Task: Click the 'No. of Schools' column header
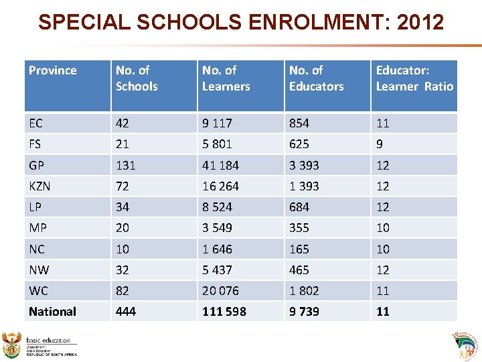(137, 78)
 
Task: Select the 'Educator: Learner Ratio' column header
(414, 78)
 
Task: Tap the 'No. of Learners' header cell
(226, 78)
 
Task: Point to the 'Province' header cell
(53, 70)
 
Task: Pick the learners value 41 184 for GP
(221, 165)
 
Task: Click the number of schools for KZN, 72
(123, 186)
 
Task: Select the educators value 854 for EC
(299, 123)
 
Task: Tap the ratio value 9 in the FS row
(380, 144)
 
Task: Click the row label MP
(37, 228)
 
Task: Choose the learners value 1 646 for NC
(218, 249)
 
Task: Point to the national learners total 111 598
(224, 312)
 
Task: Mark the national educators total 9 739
(304, 312)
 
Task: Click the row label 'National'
(52, 312)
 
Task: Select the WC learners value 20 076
(221, 291)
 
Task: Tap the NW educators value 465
(299, 270)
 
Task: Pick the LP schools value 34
(123, 207)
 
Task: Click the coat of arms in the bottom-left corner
(13, 345)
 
